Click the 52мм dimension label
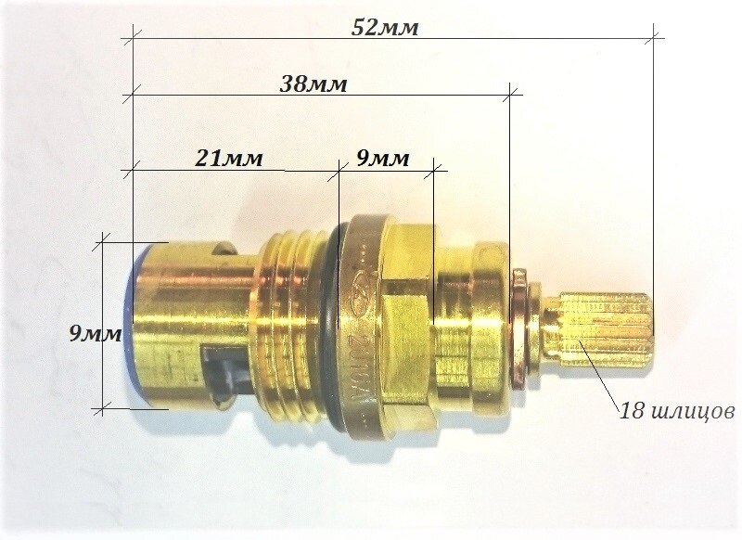385,28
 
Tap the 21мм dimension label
228,158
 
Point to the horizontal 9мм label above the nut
382,158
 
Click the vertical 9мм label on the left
96,334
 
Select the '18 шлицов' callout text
677,410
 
